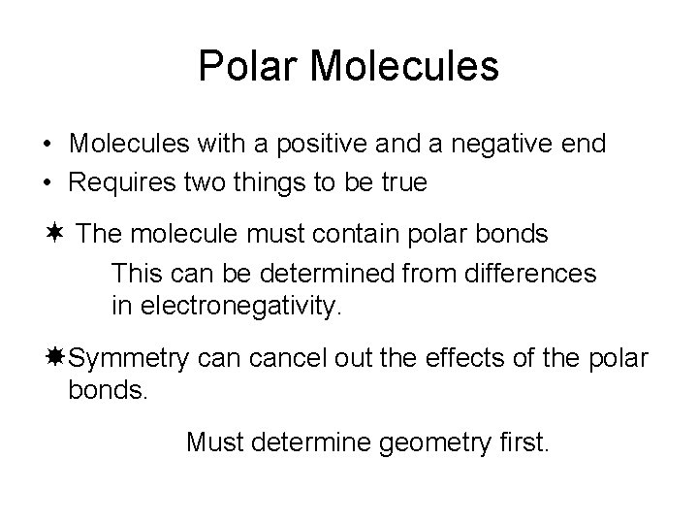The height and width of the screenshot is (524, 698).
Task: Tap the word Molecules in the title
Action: point(406,66)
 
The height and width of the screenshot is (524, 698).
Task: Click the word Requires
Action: point(119,181)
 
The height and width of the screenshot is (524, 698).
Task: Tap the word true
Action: point(404,181)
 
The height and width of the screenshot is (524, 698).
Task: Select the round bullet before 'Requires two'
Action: point(48,183)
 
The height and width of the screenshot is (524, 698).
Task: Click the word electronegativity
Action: point(241,309)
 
